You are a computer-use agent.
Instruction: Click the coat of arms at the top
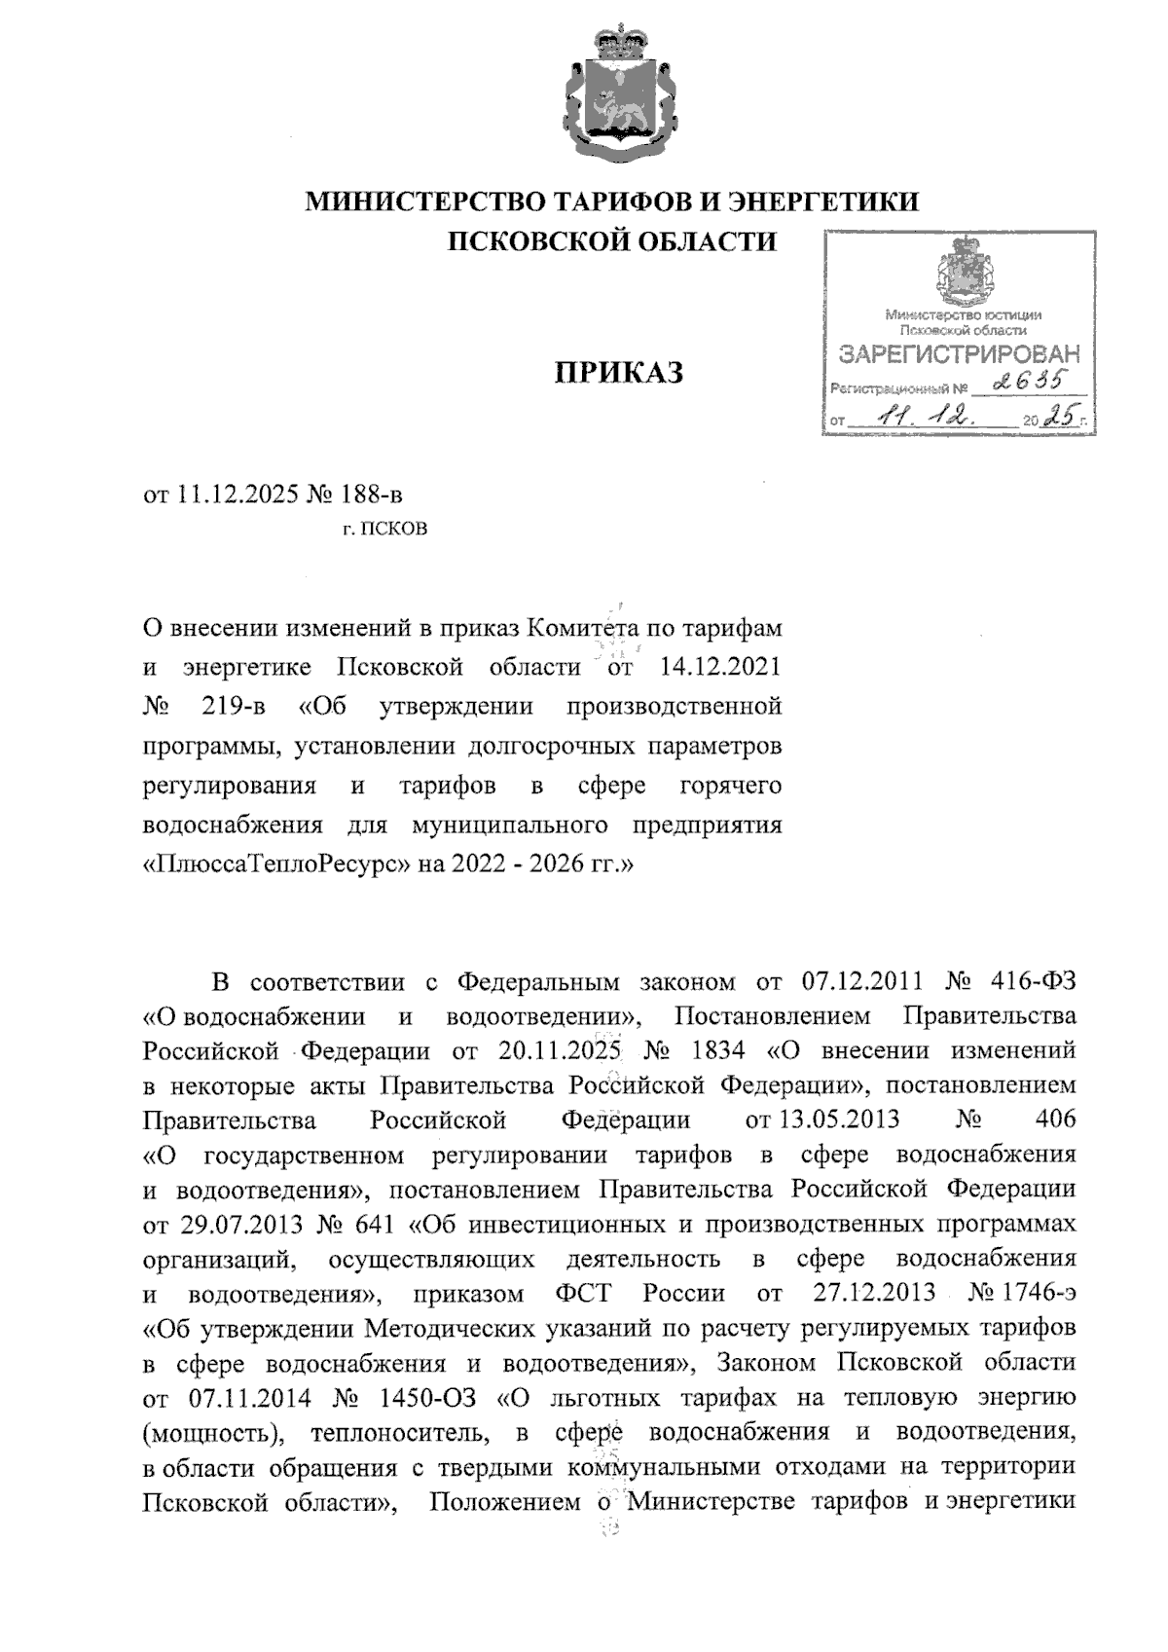(611, 95)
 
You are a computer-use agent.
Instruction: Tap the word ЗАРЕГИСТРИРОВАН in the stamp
(960, 353)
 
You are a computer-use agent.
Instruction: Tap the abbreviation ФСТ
(582, 1293)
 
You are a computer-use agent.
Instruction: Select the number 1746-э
(1041, 1293)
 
